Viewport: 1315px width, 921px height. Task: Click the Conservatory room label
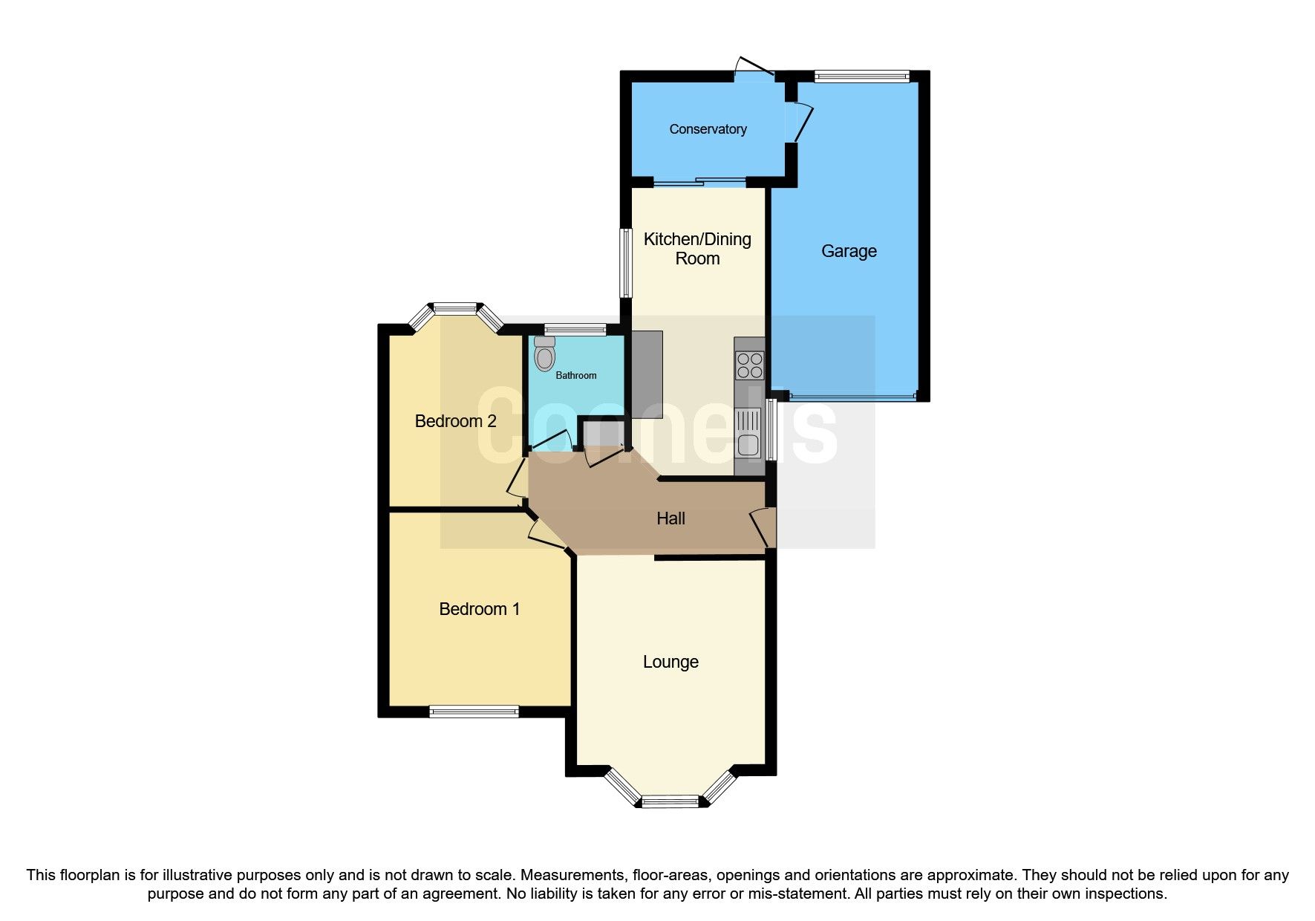[708, 129]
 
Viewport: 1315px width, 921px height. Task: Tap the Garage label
[849, 251]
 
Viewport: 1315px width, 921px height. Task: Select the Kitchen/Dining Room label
[697, 249]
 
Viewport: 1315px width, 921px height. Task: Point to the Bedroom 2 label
[455, 421]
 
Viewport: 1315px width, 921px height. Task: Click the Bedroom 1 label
[479, 609]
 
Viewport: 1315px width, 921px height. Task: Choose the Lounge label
[670, 662]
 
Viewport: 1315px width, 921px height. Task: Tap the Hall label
[670, 518]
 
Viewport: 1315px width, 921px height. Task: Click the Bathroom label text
[576, 375]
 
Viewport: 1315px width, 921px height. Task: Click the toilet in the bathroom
[544, 354]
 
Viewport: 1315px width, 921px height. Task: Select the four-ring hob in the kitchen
[748, 365]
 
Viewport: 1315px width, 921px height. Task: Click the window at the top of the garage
[861, 75]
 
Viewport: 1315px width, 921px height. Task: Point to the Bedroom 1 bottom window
[474, 712]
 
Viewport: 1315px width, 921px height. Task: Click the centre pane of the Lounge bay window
[670, 801]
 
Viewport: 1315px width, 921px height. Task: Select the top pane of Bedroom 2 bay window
[455, 307]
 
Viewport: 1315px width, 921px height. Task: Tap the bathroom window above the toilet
[575, 330]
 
